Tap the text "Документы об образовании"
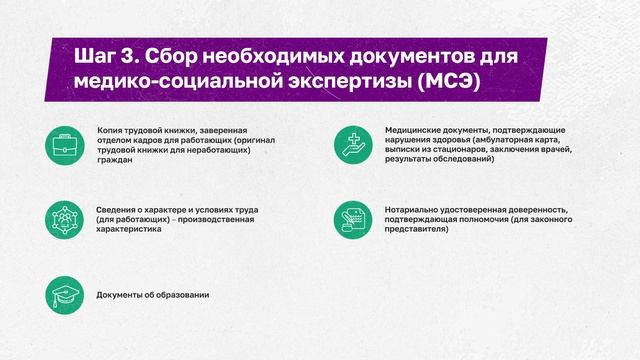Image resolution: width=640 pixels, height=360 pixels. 152,295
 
